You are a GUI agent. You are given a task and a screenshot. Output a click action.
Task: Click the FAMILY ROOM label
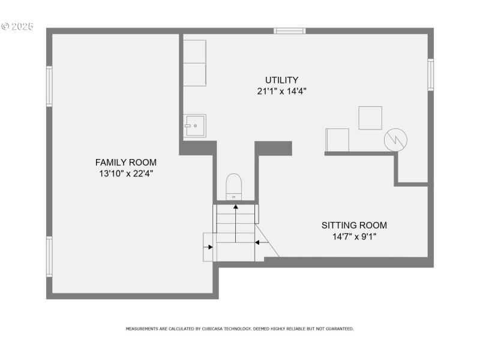pos(126,162)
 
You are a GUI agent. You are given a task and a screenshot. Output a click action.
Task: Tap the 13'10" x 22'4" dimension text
pos(126,173)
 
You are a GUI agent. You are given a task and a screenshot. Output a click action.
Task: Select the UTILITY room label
pos(281,80)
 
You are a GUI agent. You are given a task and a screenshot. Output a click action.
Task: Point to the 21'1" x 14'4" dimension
pos(281,91)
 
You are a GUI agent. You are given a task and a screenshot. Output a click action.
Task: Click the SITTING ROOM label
pos(354,225)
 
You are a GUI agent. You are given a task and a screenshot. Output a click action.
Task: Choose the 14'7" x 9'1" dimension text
pos(354,236)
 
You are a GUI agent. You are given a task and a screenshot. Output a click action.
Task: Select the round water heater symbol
pos(395,139)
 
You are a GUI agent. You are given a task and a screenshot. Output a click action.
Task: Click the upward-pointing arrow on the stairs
pos(235,208)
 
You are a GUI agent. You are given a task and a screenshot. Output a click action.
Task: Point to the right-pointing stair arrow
pos(209,247)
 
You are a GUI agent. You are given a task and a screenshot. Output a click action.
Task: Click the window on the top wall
pos(290,31)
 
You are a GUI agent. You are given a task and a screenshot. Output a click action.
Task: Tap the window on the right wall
pos(430,75)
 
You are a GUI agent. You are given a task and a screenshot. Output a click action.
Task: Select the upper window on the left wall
pos(49,86)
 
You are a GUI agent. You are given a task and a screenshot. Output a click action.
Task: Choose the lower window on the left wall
pos(49,256)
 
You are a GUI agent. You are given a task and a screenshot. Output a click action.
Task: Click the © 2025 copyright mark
pos(17,26)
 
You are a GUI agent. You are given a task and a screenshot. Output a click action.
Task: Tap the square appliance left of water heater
pos(370,118)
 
